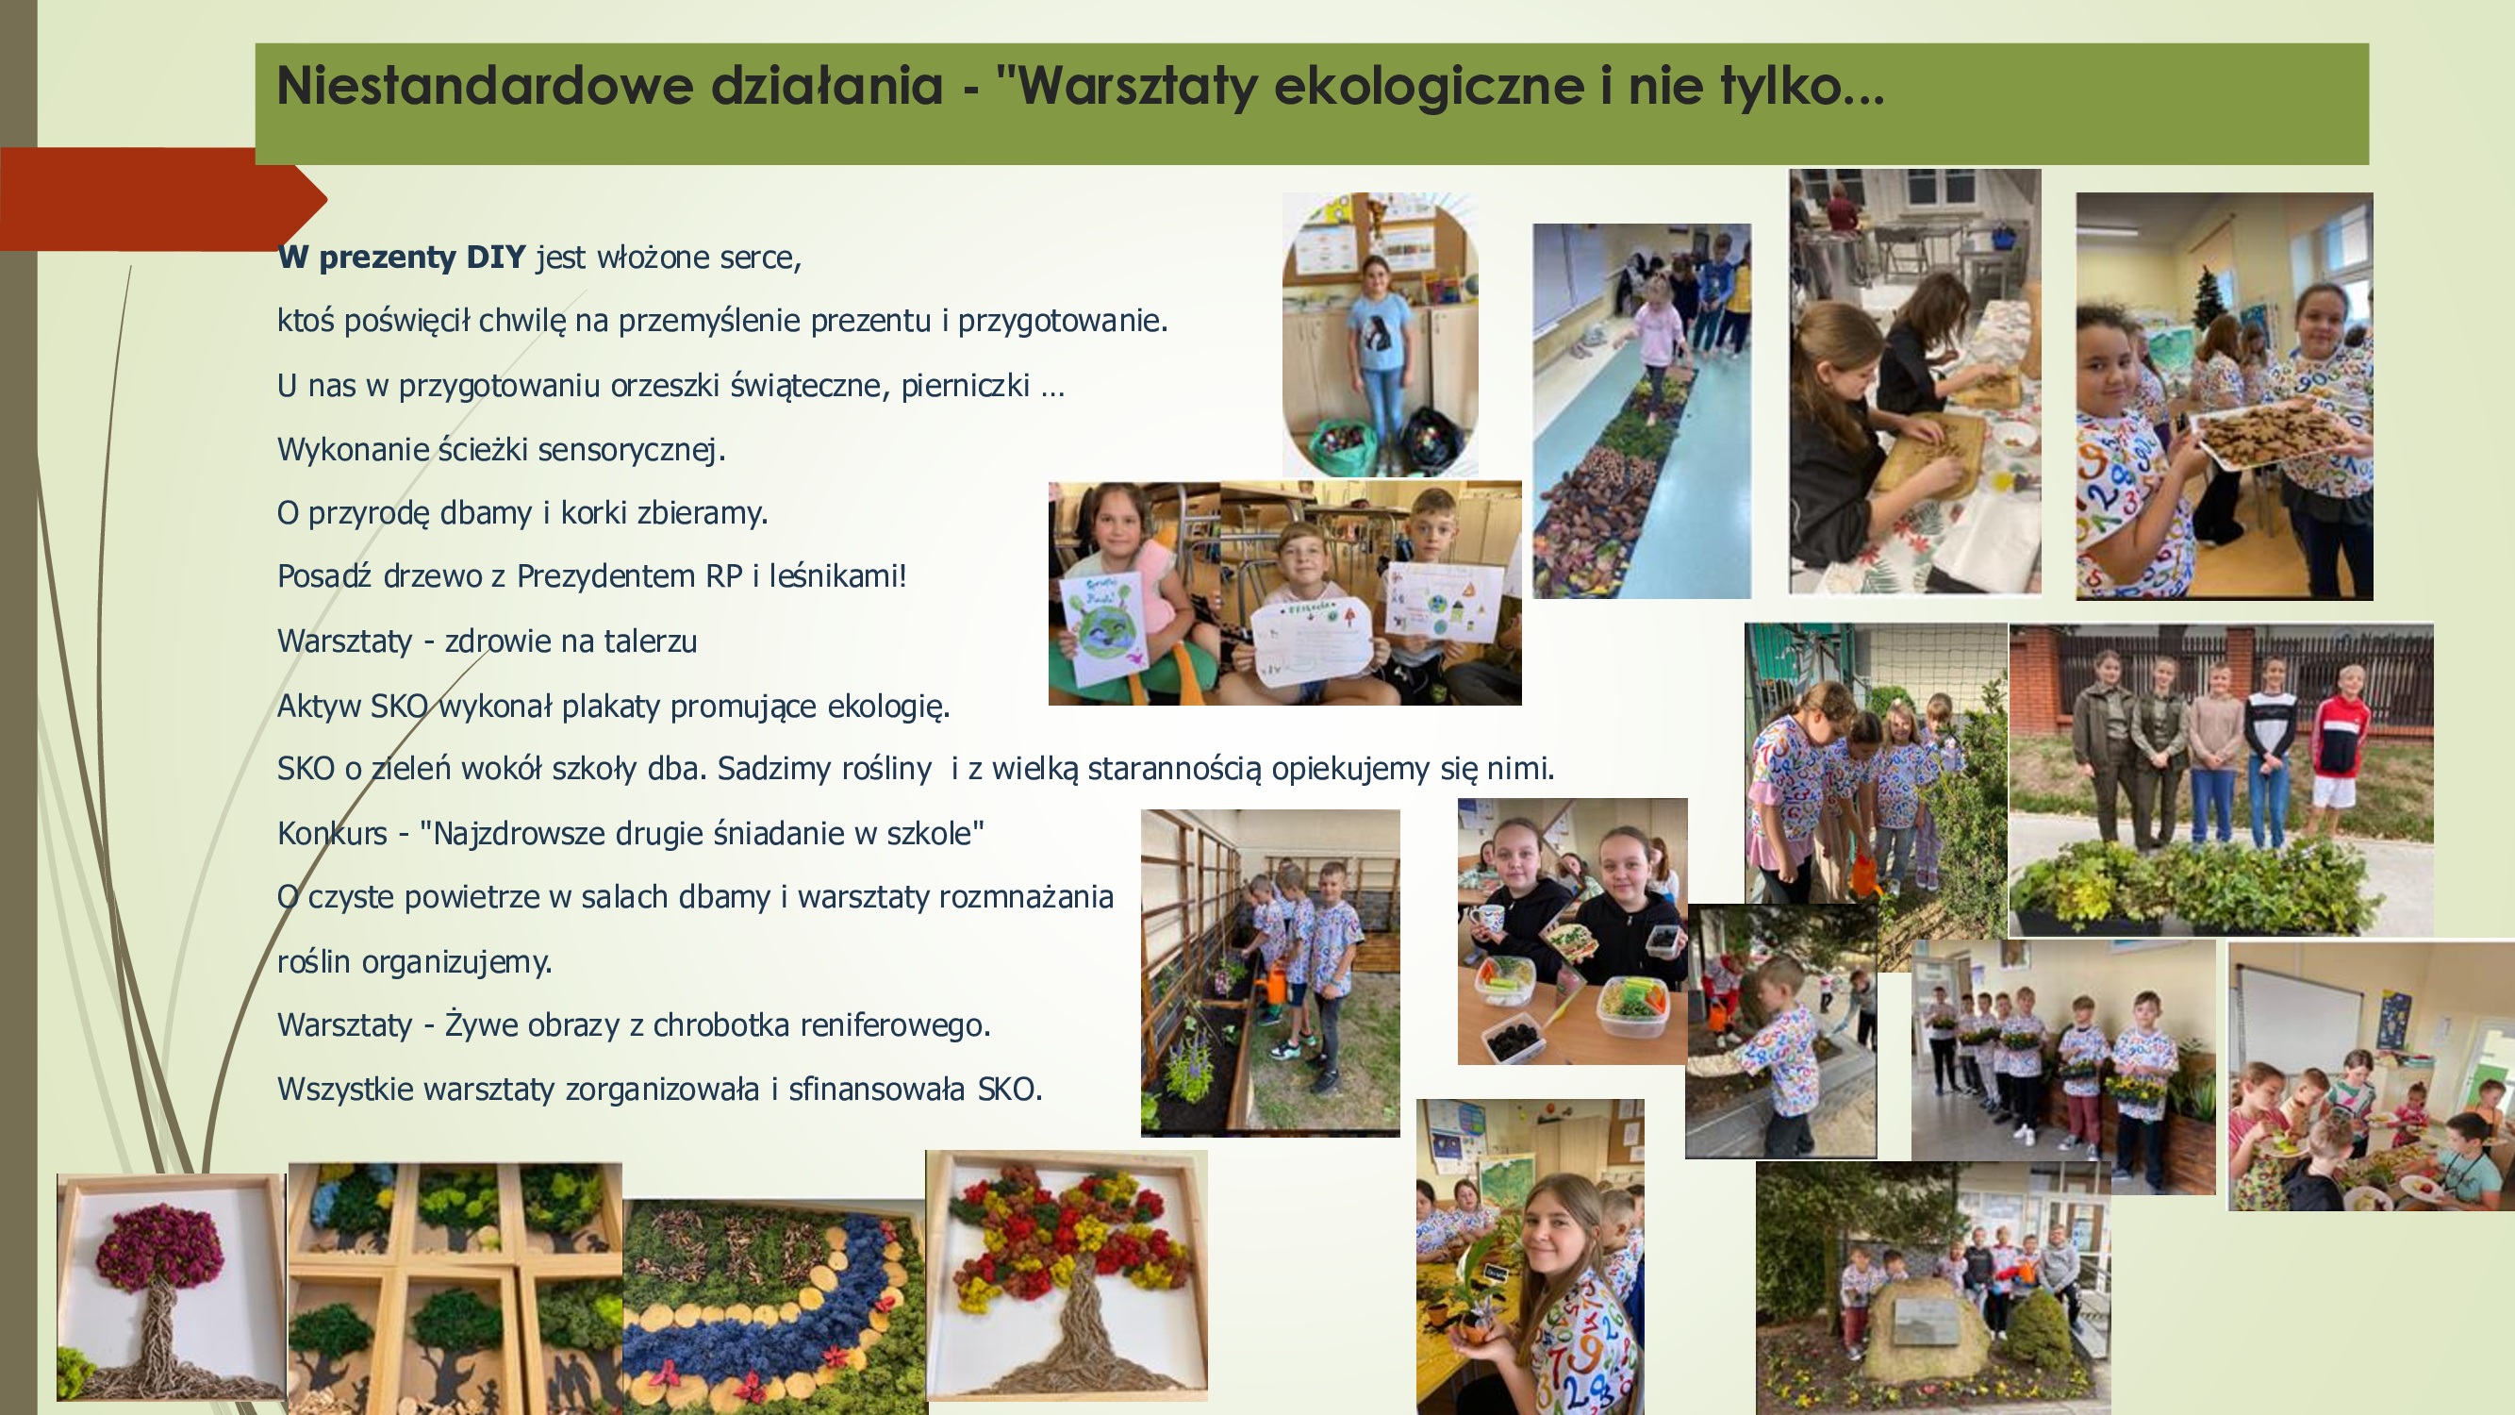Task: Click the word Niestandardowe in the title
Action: pos(610,86)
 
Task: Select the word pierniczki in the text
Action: pos(965,386)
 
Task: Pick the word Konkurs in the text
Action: pos(332,833)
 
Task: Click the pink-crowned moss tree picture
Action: pos(171,1287)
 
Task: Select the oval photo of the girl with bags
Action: pos(1380,334)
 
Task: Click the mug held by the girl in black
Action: pos(1489,922)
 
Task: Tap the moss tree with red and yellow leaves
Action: pos(1067,1274)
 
